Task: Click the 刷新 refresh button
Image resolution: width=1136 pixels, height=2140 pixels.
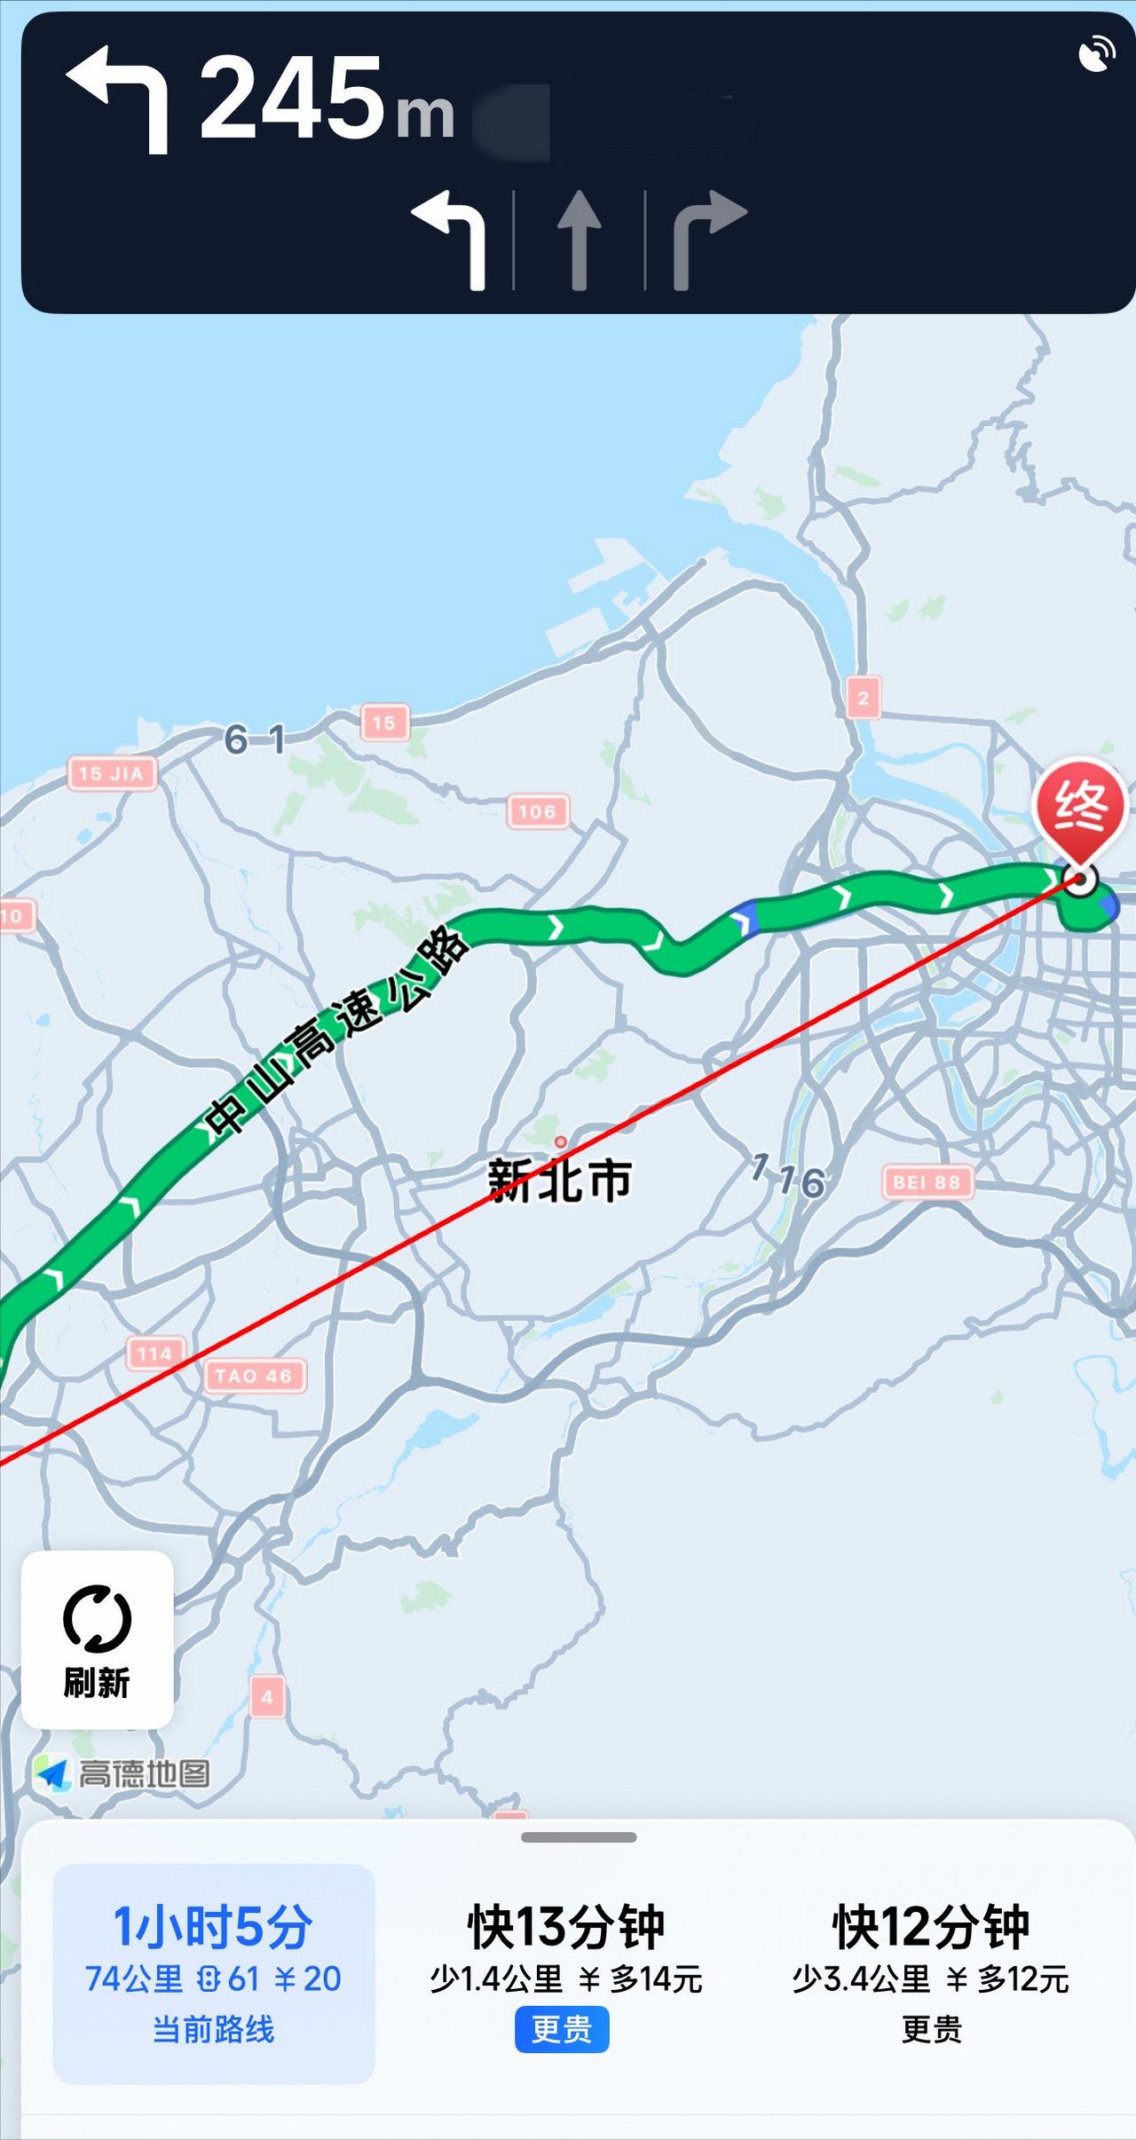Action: tap(98, 1639)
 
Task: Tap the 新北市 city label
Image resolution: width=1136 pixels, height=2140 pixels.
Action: tap(560, 1180)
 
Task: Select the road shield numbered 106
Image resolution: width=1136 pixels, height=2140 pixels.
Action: tap(537, 811)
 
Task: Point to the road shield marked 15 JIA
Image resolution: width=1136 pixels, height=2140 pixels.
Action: tap(112, 773)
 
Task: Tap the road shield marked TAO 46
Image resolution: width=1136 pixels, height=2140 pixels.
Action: tap(254, 1376)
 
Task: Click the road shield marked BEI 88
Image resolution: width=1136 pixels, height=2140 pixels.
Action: tap(927, 1182)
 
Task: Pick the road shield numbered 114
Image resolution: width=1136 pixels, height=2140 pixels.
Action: tap(154, 1354)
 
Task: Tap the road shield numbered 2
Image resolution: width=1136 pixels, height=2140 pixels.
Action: tap(864, 698)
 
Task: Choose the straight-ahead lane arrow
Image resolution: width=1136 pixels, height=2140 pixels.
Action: tap(579, 240)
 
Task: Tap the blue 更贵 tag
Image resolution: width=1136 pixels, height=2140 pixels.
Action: tap(562, 2029)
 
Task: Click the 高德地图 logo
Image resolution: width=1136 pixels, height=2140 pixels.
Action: tap(124, 1774)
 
